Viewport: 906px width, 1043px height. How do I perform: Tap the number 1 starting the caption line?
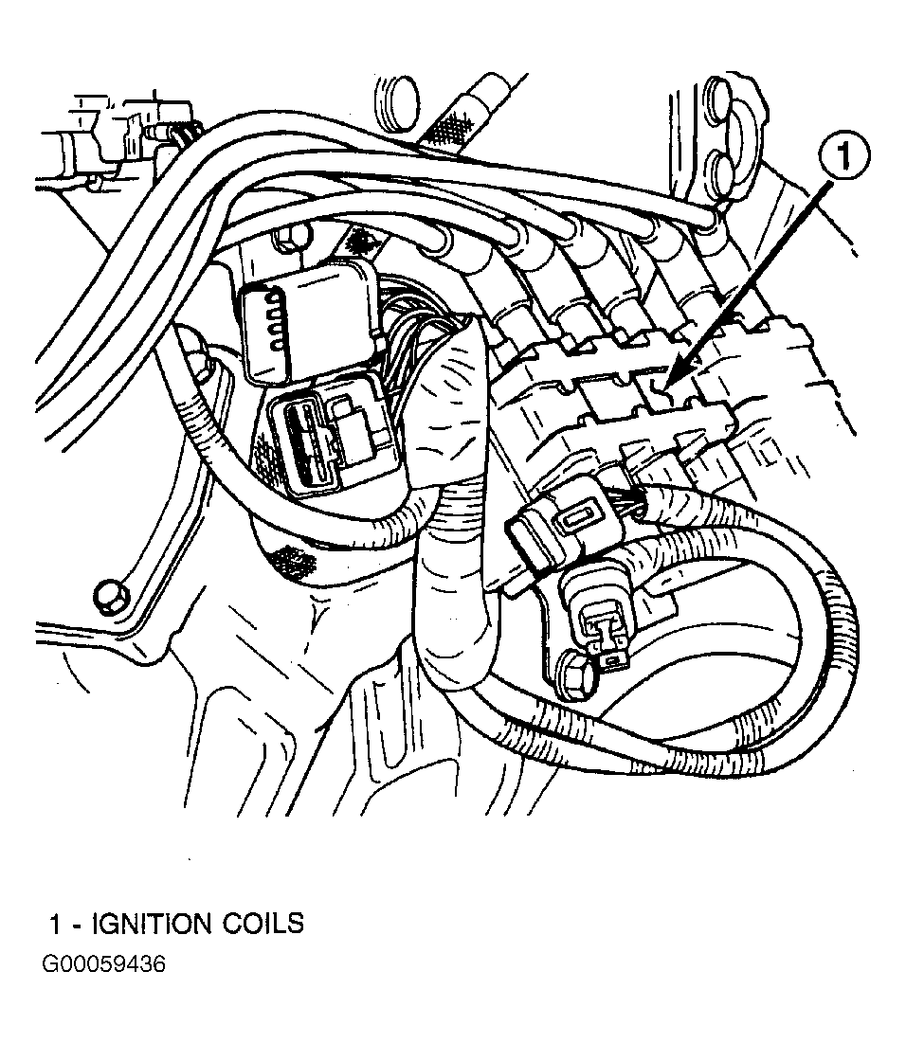56,924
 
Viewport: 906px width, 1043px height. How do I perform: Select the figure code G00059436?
103,965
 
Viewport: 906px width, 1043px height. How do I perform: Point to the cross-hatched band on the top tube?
449,124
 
